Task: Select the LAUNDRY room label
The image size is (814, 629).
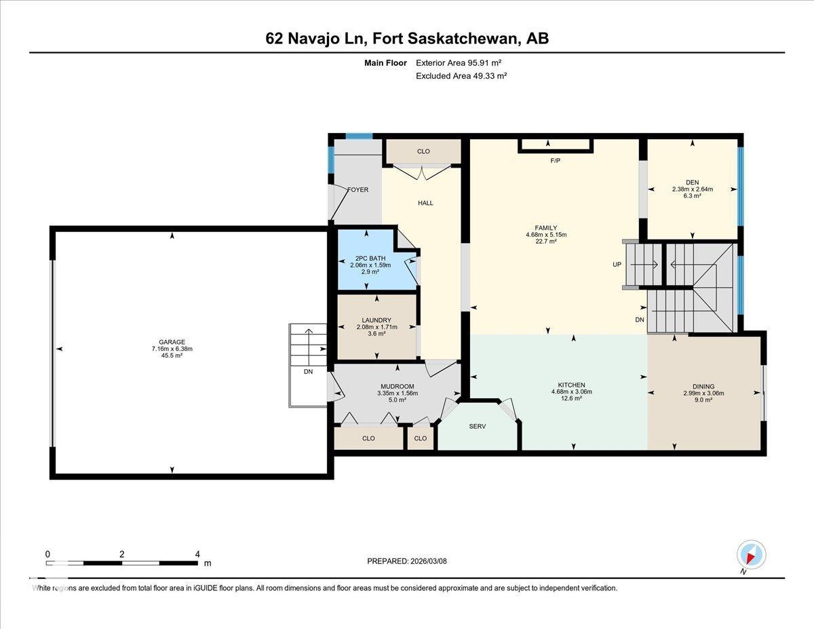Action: click(376, 320)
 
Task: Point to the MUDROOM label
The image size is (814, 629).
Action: click(397, 387)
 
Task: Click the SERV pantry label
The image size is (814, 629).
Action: click(478, 426)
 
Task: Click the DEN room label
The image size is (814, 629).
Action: click(692, 182)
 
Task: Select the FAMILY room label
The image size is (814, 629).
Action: click(545, 228)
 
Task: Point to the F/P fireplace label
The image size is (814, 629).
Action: click(555, 161)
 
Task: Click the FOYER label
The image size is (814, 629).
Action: click(357, 189)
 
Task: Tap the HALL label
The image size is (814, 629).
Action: click(425, 203)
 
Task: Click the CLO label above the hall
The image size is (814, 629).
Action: click(423, 151)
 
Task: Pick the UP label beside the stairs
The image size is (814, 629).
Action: click(617, 265)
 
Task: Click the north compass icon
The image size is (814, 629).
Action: click(751, 554)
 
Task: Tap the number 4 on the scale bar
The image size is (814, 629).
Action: click(197, 554)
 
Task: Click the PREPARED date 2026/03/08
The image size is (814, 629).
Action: click(407, 561)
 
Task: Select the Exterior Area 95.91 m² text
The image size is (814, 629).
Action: click(463, 62)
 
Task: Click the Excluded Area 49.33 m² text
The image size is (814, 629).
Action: click(461, 76)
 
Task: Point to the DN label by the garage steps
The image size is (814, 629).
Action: click(308, 371)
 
